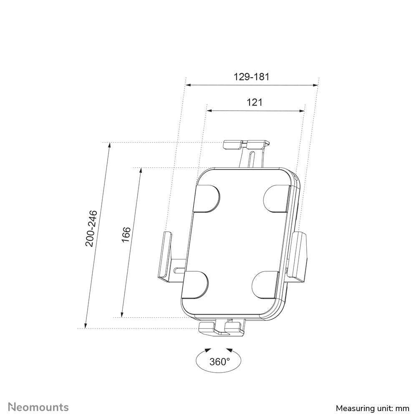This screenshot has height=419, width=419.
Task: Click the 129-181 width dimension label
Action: point(251,77)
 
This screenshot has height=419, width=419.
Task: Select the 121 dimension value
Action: point(255,102)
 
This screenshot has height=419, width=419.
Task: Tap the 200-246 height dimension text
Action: point(91,228)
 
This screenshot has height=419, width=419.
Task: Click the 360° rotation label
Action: point(220,361)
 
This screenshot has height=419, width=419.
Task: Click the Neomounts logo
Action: point(39,407)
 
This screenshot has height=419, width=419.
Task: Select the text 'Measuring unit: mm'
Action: point(372,408)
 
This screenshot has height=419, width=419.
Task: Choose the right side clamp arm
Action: point(300,255)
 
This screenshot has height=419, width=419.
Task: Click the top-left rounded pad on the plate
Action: point(207,198)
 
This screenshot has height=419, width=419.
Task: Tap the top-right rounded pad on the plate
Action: point(277,198)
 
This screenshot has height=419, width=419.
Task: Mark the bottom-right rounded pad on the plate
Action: point(265,285)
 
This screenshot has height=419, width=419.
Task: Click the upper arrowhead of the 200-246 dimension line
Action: point(109,146)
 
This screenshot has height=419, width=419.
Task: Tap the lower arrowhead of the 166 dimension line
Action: point(122,315)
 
